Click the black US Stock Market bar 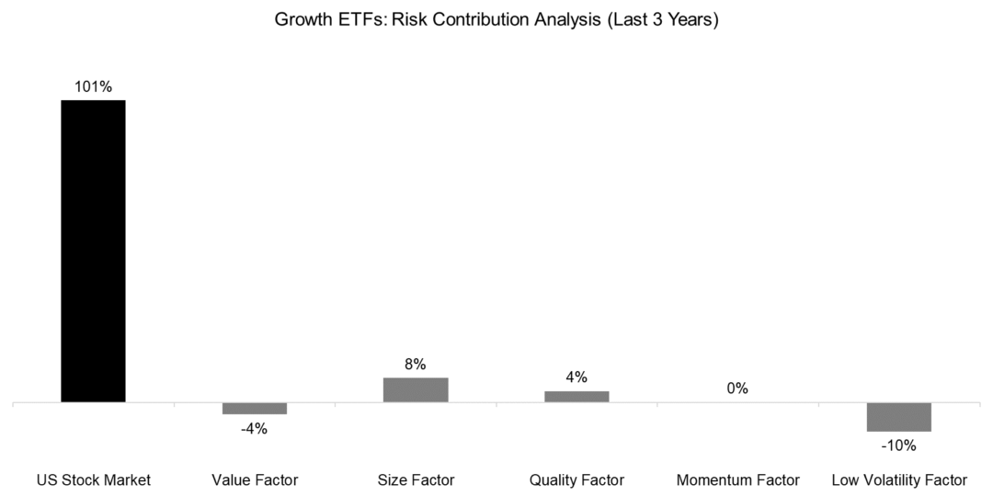(93, 251)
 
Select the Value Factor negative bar (255, 409)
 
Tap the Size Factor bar (416, 389)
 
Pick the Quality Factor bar (576, 396)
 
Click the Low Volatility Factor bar (898, 417)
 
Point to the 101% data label (93, 87)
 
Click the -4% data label (255, 428)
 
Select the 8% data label (416, 365)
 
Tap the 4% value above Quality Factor (576, 378)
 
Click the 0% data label (736, 389)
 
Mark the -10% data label (898, 445)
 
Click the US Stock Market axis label (93, 479)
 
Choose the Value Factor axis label (255, 479)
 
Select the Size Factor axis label (416, 479)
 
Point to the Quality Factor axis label (576, 479)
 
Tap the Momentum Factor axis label (737, 479)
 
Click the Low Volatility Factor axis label (898, 479)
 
